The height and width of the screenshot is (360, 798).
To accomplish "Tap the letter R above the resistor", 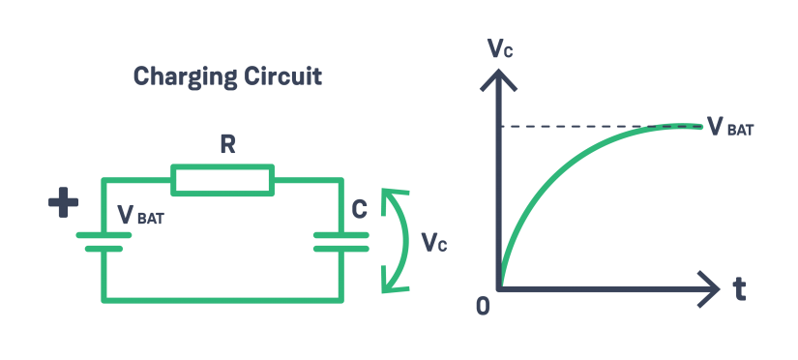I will pyautogui.click(x=225, y=145).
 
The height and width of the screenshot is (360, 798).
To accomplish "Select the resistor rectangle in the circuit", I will pyautogui.click(x=223, y=179).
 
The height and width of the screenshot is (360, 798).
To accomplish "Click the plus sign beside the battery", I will pyautogui.click(x=64, y=203).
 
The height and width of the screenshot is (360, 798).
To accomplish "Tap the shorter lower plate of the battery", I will pyautogui.click(x=103, y=248).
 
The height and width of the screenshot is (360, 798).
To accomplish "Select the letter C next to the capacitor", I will pyautogui.click(x=359, y=210).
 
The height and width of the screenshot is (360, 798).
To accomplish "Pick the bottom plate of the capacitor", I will pyautogui.click(x=340, y=248).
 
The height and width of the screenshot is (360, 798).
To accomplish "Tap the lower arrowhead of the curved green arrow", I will pyautogui.click(x=391, y=283).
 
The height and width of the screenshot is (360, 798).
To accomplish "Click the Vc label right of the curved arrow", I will pyautogui.click(x=433, y=242).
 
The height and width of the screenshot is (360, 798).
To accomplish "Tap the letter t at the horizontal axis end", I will pyautogui.click(x=740, y=289).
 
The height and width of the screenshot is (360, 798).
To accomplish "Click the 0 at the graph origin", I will pyautogui.click(x=484, y=306).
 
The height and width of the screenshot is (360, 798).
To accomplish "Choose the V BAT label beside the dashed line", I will pyautogui.click(x=730, y=126).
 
